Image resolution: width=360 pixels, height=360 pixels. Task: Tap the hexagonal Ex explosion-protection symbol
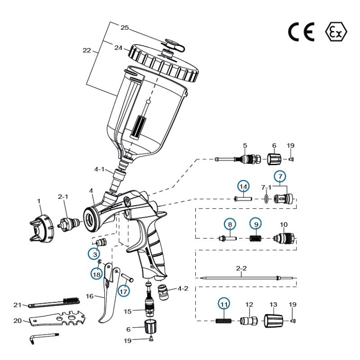coord(336,32)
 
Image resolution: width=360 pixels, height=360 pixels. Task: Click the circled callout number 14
coord(243,186)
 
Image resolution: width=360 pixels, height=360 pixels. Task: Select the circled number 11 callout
coord(224,305)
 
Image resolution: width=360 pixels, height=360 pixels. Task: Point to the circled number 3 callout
coord(94,254)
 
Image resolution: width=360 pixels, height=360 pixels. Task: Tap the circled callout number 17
coord(124,290)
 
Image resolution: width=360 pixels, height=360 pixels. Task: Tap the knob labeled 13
coord(274,321)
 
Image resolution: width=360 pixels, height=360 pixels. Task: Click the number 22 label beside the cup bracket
coord(87,51)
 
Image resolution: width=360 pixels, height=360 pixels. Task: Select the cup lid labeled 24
coord(164,63)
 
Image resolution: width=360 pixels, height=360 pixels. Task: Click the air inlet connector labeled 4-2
coord(166,292)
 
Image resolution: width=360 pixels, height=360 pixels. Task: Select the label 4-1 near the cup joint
coord(99,170)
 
